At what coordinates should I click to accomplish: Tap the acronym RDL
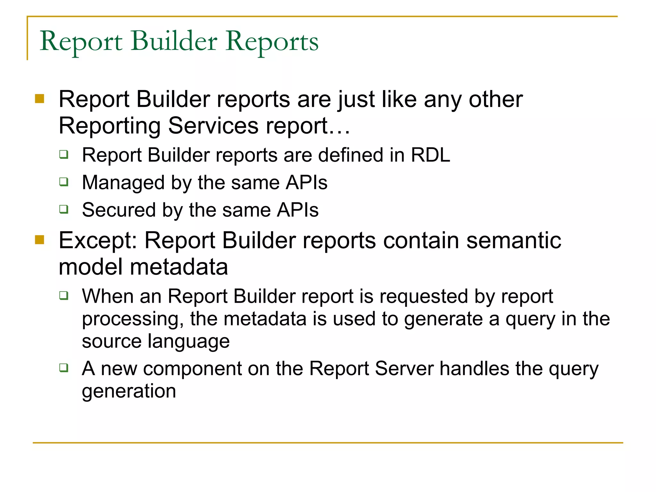[430, 155]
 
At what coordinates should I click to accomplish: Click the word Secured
[119, 210]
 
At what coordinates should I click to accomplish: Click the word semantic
[513, 241]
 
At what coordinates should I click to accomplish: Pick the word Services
[213, 126]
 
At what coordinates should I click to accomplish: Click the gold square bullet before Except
[39, 240]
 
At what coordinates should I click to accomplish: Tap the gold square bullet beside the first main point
[39, 98]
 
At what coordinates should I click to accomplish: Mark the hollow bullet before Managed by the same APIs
[64, 182]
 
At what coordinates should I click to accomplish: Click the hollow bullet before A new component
[64, 367]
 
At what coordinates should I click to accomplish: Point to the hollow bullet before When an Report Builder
[64, 295]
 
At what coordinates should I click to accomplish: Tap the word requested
[424, 296]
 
